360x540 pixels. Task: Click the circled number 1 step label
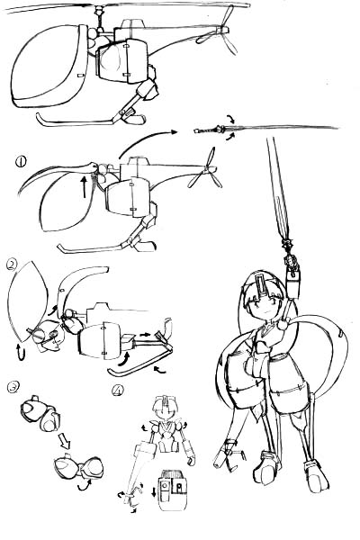[21, 161]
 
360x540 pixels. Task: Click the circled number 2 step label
[12, 265]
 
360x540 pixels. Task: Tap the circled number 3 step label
[13, 387]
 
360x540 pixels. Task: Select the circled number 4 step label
[118, 391]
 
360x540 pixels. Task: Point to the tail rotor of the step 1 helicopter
[207, 169]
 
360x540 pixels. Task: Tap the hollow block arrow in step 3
[65, 441]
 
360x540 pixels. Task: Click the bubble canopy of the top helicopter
[49, 66]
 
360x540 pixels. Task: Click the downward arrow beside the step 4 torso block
[154, 492]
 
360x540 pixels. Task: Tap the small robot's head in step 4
[166, 407]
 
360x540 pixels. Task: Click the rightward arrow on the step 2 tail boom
[145, 334]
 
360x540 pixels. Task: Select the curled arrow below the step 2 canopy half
[21, 352]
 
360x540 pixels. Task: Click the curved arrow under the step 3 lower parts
[84, 485]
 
